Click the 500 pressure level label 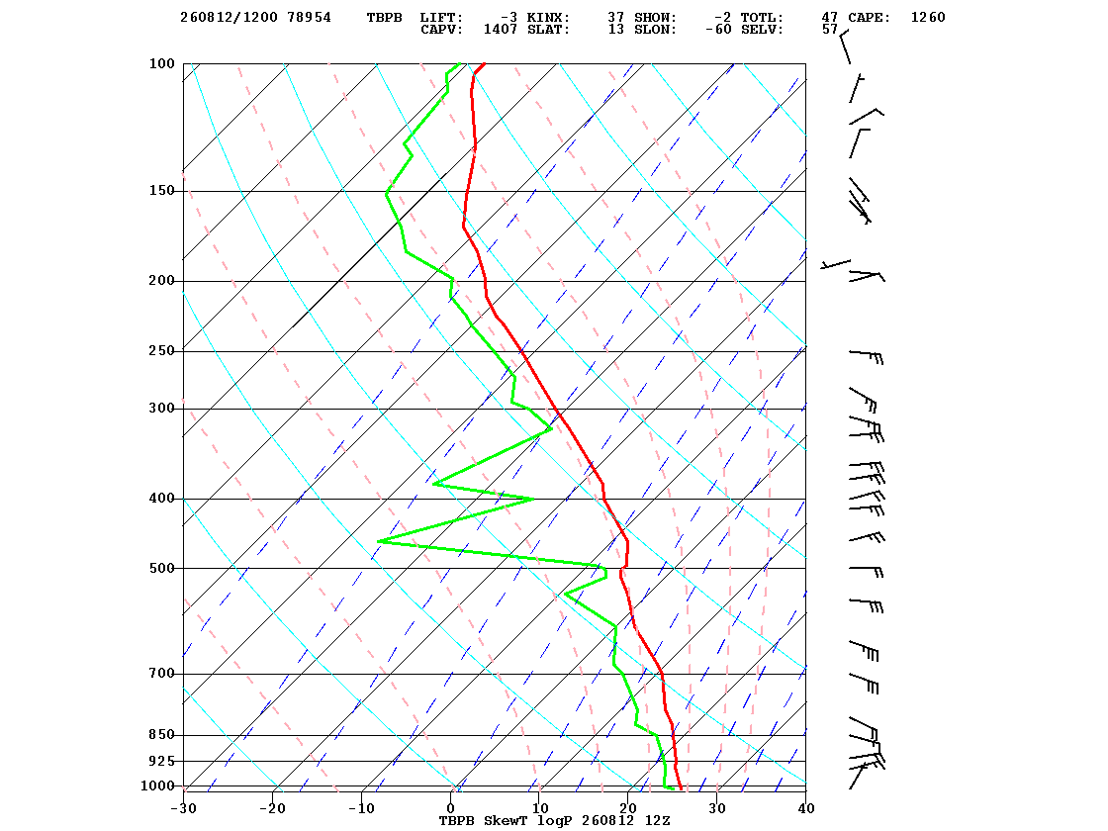161,568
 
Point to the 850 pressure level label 161,735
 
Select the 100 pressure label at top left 161,63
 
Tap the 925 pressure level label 161,761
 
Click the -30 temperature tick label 183,808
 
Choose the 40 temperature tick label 806,808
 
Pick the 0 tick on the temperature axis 451,808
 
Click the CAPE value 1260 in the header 928,18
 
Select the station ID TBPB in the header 384,18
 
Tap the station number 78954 309,18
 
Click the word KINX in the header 548,18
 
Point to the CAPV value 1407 501,30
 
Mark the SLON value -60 718,30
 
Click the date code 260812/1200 229,18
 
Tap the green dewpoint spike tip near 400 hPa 533,499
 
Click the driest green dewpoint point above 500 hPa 378,541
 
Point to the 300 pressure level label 161,409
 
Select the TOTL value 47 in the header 830,18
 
